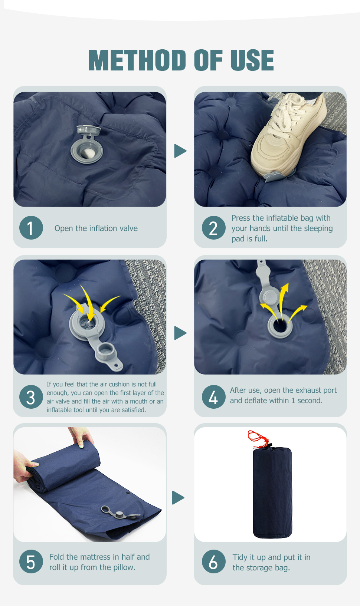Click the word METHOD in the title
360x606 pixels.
point(137,60)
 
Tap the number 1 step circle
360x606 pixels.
point(31,227)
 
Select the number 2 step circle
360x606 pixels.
point(213,227)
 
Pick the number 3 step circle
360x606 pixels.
point(31,397)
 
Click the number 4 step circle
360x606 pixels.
point(213,397)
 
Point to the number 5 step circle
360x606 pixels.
point(31,561)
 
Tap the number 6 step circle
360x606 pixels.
point(213,561)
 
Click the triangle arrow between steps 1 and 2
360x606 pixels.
point(180,151)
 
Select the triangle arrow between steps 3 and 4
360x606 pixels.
point(180,333)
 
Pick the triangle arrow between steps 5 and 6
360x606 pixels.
point(178,497)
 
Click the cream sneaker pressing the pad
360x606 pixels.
point(287,135)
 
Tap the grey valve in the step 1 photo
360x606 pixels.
point(86,145)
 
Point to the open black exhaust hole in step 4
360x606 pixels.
point(280,326)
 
